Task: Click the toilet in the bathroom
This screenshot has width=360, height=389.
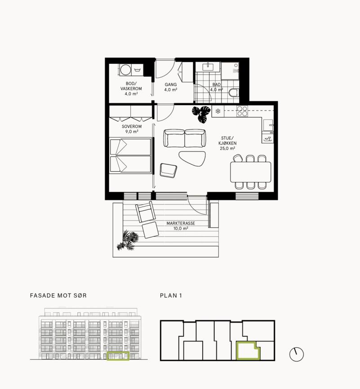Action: click(x=234, y=93)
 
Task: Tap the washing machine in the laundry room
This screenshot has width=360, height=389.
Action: click(x=125, y=70)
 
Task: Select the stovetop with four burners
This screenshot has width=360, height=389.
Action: click(x=242, y=111)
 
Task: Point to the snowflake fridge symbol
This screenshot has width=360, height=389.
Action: click(x=218, y=111)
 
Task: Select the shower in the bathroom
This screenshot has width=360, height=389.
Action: click(x=230, y=71)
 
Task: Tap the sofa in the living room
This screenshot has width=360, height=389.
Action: click(x=184, y=138)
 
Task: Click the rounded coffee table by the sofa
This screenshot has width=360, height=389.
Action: click(x=192, y=159)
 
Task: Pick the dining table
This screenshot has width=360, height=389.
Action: click(x=251, y=172)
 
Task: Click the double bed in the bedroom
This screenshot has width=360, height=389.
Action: click(x=131, y=155)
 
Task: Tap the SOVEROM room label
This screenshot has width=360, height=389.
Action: click(x=132, y=126)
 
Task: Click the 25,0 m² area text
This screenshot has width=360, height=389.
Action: click(x=227, y=148)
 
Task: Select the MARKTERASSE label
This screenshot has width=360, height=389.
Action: click(x=181, y=223)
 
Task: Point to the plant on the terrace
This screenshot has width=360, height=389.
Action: click(x=128, y=240)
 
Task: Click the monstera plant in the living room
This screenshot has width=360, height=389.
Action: click(x=201, y=114)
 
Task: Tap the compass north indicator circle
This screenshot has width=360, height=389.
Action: click(x=297, y=354)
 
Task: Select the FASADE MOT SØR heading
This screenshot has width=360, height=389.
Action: click(x=58, y=296)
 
